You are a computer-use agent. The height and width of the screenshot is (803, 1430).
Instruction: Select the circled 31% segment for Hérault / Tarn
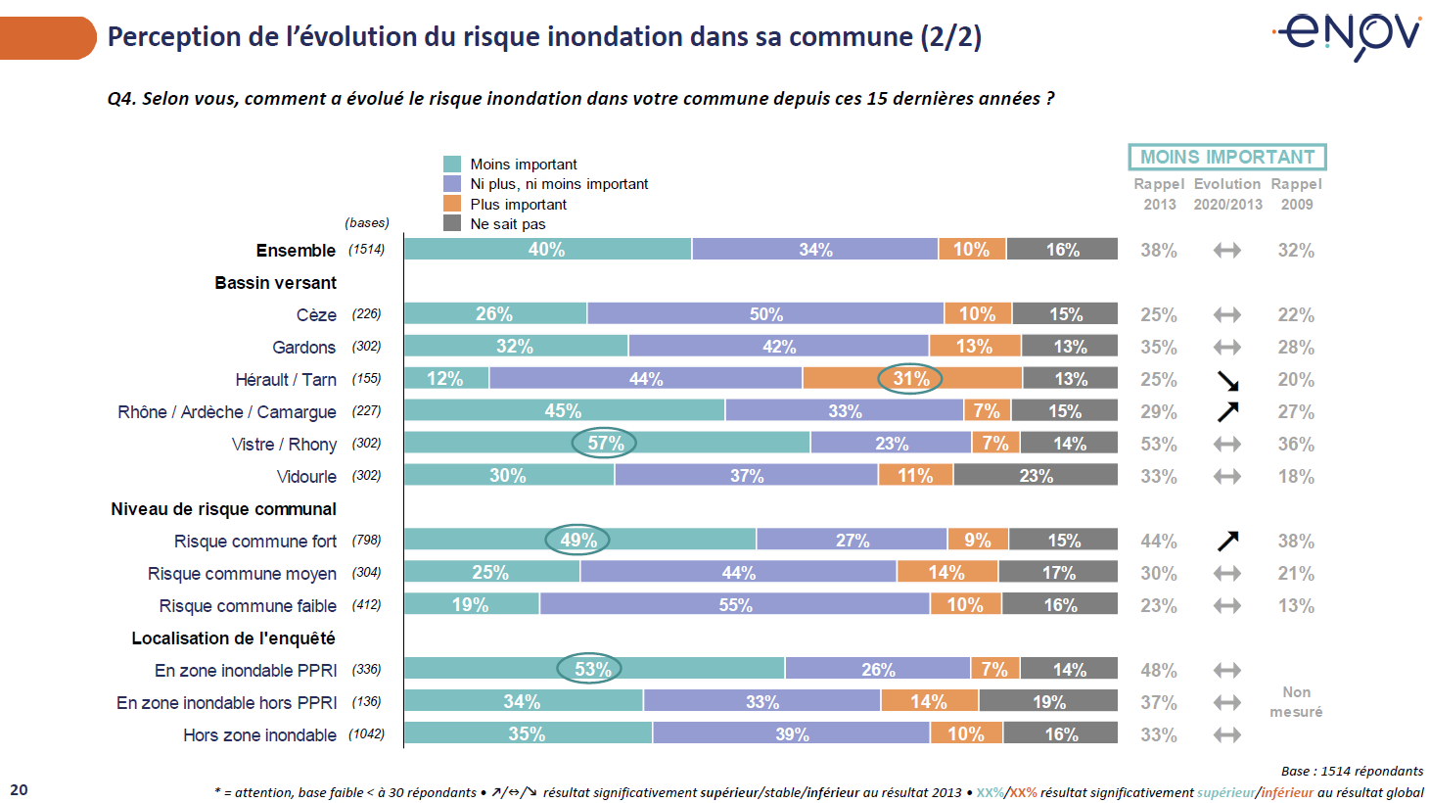click(x=910, y=378)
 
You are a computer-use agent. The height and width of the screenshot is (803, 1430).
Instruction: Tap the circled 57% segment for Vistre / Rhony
click(x=605, y=444)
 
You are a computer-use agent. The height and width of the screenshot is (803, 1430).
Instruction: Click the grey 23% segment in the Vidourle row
click(x=1036, y=476)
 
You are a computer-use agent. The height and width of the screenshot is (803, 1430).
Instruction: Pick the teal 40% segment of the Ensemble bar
click(x=547, y=250)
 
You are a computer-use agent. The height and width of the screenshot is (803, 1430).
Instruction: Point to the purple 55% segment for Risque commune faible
click(x=735, y=605)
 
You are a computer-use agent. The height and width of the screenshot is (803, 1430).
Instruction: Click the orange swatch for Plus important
click(x=452, y=204)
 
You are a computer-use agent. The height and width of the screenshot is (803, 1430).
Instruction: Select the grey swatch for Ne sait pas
click(x=452, y=223)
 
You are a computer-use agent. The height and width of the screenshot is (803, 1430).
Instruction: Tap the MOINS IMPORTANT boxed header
click(x=1227, y=157)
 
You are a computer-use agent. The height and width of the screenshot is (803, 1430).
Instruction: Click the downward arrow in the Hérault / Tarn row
click(x=1227, y=380)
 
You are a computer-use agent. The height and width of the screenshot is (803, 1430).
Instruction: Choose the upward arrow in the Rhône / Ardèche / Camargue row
click(x=1227, y=411)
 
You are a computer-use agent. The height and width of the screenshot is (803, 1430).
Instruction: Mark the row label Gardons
click(x=304, y=348)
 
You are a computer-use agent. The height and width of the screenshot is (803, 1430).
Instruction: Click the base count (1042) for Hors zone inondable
click(x=366, y=734)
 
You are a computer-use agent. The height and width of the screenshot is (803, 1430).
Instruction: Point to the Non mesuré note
click(x=1296, y=702)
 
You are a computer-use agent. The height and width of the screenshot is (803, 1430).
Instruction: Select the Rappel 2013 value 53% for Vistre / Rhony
click(x=1159, y=445)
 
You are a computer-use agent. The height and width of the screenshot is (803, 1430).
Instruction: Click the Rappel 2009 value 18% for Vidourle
click(x=1296, y=477)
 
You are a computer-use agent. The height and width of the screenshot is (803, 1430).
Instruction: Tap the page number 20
click(x=19, y=790)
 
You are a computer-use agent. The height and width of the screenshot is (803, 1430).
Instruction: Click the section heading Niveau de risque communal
click(x=223, y=509)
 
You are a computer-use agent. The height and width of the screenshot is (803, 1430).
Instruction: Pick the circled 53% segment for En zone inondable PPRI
click(x=592, y=670)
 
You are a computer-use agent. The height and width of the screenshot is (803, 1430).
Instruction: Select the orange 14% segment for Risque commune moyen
click(x=946, y=573)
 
